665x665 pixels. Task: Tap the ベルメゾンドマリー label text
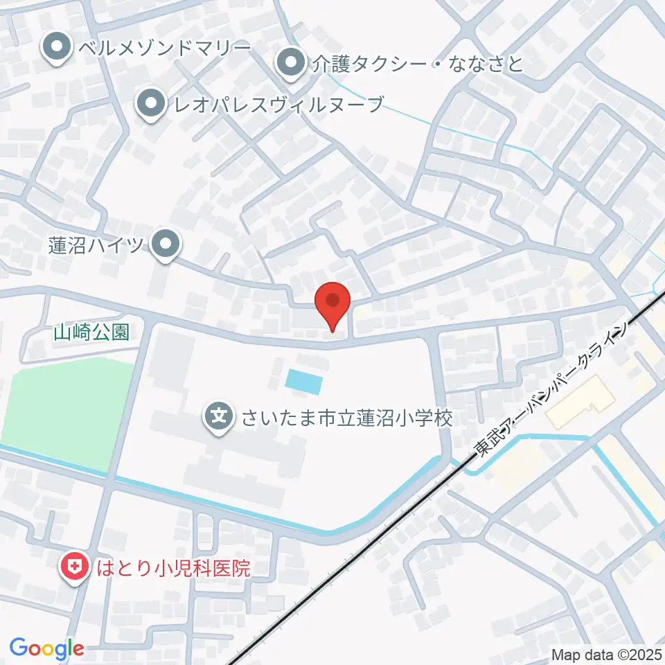[x=164, y=48]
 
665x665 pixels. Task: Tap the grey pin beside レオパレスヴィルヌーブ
[x=150, y=105]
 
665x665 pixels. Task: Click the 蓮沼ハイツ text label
[x=95, y=245]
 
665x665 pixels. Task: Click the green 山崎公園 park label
[x=91, y=332]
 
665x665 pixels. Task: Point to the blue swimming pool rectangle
[x=303, y=380]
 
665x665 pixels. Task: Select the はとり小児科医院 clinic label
[x=172, y=569]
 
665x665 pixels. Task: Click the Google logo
[x=46, y=648]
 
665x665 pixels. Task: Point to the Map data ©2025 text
[x=606, y=654]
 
